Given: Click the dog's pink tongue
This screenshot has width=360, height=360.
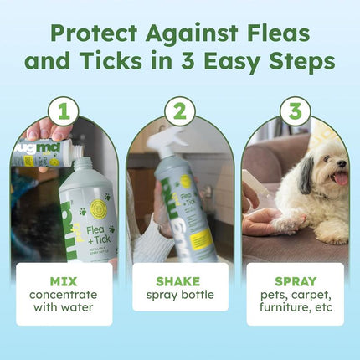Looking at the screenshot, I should [340, 178].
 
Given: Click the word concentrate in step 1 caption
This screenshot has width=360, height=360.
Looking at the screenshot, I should [64, 295].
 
